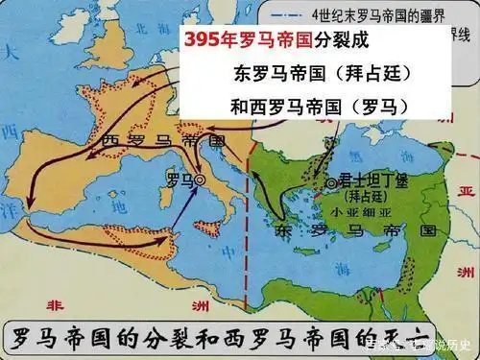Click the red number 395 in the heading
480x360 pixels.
pyautogui.click(x=206, y=44)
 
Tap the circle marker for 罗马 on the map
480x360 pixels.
pyautogui.click(x=201, y=180)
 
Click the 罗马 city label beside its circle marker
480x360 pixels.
pyautogui.click(x=179, y=179)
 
